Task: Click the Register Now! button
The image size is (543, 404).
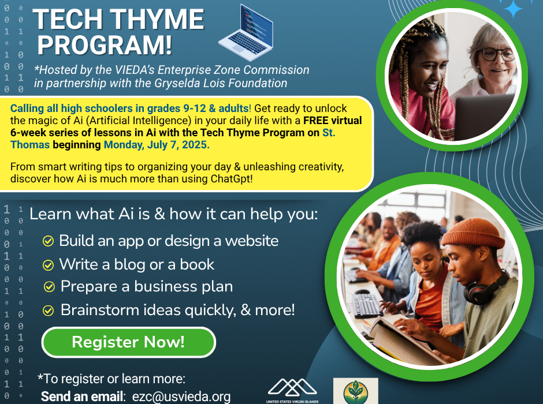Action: [128, 342]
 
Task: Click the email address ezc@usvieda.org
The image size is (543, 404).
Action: [181, 396]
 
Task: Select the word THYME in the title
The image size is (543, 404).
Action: [158, 20]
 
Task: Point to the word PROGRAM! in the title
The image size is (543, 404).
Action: [105, 45]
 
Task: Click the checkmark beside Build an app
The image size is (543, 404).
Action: [48, 241]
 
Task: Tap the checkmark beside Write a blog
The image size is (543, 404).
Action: [48, 265]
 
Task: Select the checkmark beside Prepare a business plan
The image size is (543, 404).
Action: [49, 287]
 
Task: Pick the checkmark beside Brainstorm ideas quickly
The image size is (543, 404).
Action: [48, 311]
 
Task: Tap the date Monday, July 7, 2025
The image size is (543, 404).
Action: [157, 145]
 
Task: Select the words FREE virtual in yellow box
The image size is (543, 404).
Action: [333, 121]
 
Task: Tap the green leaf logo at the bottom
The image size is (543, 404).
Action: [356, 391]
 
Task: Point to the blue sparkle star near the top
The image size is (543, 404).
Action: [513, 8]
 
